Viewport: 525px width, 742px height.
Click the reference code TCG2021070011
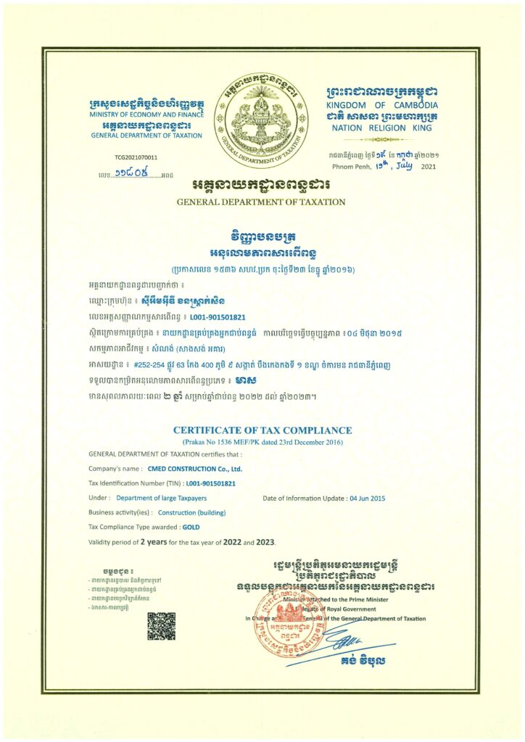pyautogui.click(x=136, y=157)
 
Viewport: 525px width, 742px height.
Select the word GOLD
pyautogui.click(x=191, y=527)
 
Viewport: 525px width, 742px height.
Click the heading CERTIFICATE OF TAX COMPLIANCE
pyautogui.click(x=262, y=430)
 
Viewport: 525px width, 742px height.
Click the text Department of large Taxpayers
pyautogui.click(x=157, y=498)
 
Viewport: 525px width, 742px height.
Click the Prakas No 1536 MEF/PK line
pyautogui.click(x=262, y=441)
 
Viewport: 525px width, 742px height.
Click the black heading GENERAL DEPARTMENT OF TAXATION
pyautogui.click(x=262, y=201)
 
